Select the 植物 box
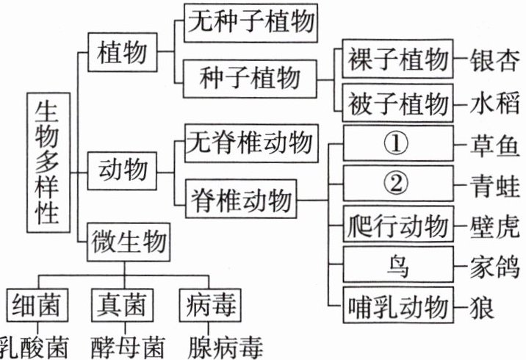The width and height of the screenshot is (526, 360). click(x=121, y=53)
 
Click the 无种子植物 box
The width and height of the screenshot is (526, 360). click(x=251, y=22)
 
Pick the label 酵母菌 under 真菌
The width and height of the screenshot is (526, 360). click(x=124, y=345)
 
